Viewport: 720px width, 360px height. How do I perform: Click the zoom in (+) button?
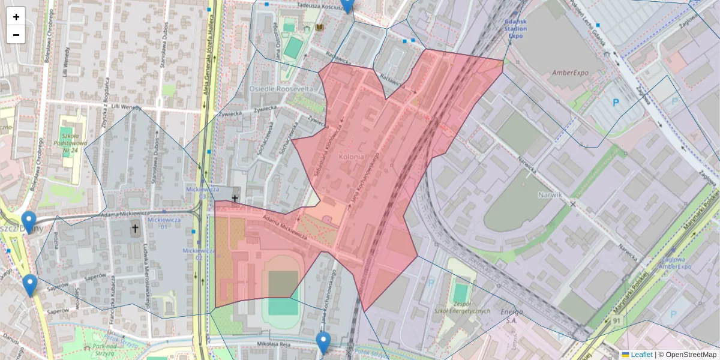coord(16,17)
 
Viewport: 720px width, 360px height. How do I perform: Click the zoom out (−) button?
coord(16,35)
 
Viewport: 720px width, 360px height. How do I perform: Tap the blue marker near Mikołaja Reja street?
coord(323,343)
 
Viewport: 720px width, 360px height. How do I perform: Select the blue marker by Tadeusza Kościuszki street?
coord(347,5)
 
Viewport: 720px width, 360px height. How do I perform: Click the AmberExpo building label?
coord(570,73)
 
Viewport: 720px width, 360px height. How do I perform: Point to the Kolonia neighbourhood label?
coord(352,157)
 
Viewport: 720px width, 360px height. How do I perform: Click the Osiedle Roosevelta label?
coord(281,88)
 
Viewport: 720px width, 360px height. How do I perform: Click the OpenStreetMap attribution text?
coord(688,355)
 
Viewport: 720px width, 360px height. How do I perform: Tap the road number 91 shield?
coord(616,322)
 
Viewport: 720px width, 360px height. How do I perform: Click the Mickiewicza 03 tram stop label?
coord(200,192)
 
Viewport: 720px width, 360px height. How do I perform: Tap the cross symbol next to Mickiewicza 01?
coord(135,229)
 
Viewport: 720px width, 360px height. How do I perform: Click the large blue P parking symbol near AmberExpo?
coord(616,103)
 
